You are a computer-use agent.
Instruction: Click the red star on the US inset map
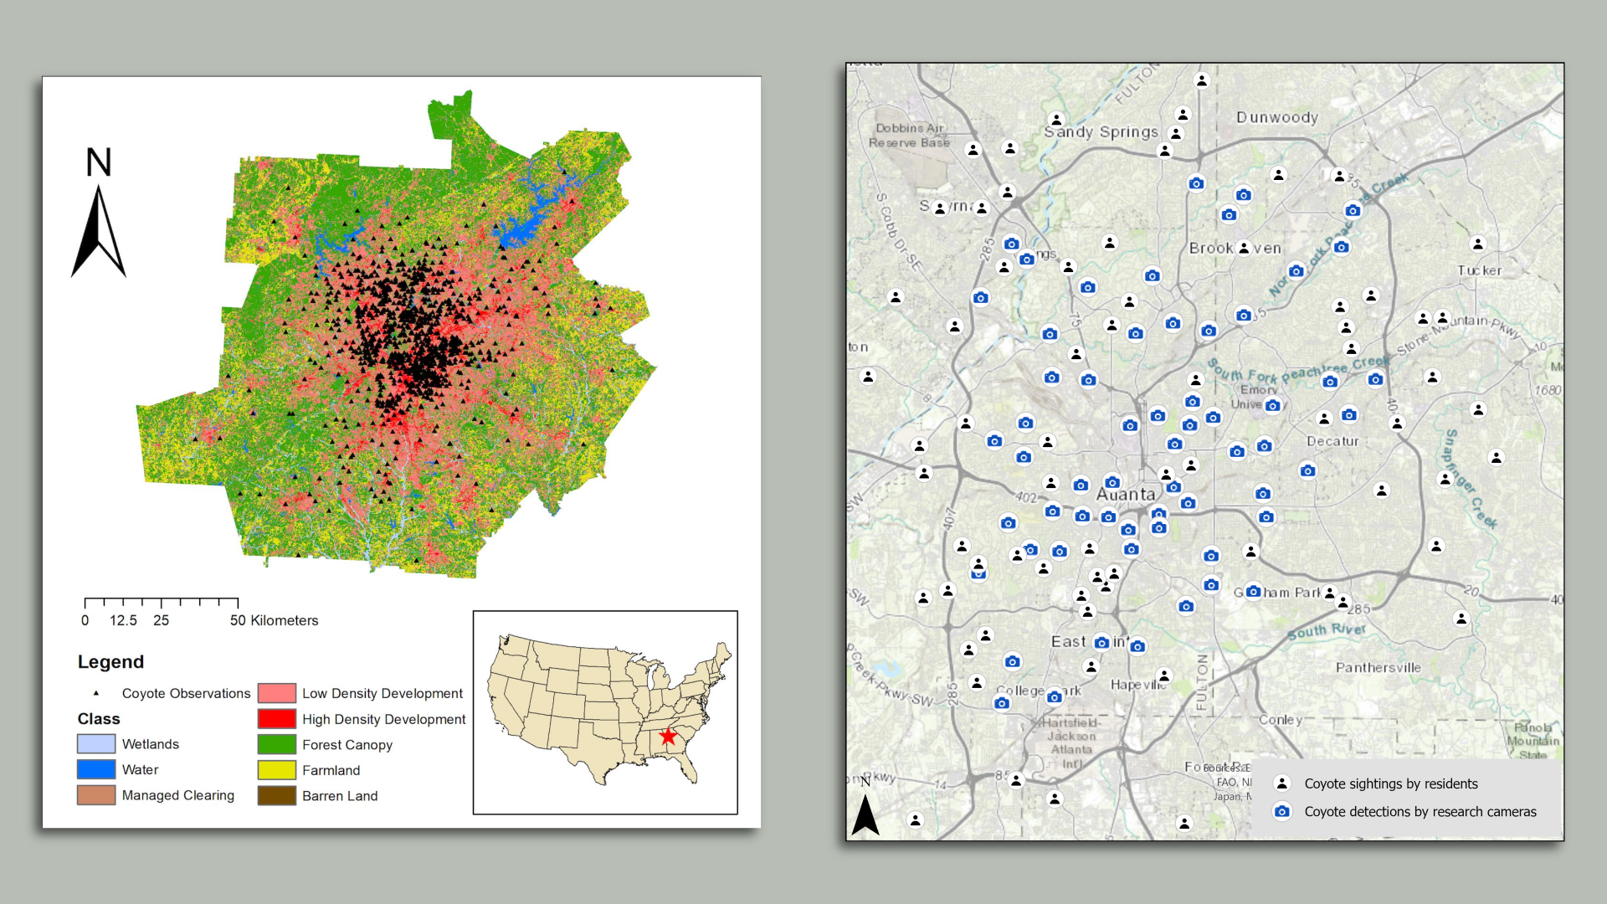click(x=668, y=737)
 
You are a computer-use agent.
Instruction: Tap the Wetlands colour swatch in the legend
click(x=96, y=744)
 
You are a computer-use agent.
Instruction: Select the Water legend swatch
click(x=96, y=769)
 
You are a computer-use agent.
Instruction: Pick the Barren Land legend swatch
click(x=276, y=796)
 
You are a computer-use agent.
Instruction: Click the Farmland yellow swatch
click(x=276, y=770)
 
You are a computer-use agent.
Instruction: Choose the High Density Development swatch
click(x=276, y=719)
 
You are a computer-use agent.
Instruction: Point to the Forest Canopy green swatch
click(x=276, y=744)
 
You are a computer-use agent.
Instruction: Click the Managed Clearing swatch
click(x=96, y=795)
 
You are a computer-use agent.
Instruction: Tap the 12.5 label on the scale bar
click(x=123, y=620)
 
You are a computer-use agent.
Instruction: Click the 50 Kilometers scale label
click(x=274, y=620)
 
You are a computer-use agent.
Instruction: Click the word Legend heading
click(x=110, y=662)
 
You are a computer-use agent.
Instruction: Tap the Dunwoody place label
click(x=1277, y=118)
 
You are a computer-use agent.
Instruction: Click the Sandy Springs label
click(x=1101, y=131)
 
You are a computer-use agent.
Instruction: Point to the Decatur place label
click(x=1332, y=441)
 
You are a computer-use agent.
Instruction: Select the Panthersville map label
click(x=1378, y=668)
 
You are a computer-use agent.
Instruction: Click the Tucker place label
click(x=1479, y=270)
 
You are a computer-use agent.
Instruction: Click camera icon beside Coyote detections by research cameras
click(x=1281, y=811)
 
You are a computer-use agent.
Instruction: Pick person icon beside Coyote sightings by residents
click(x=1281, y=783)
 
